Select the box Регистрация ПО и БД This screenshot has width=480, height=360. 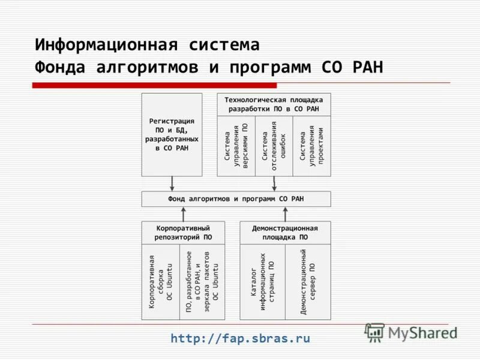tap(172, 134)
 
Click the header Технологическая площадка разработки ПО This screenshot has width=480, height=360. tap(274, 104)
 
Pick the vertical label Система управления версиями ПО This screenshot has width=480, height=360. tap(236, 146)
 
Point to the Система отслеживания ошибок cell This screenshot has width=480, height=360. tap(274, 146)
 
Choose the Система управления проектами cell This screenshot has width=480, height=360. tap(311, 146)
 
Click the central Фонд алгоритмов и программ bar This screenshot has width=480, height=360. tap(236, 199)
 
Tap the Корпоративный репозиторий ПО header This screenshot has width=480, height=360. tap(183, 233)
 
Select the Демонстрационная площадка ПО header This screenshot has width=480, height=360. tap(285, 233)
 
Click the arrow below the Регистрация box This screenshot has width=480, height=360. tap(172, 184)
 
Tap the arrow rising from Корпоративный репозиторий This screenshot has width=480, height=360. tap(184, 214)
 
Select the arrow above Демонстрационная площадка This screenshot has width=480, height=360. tap(285, 214)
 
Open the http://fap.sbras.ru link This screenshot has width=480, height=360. tap(240, 338)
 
